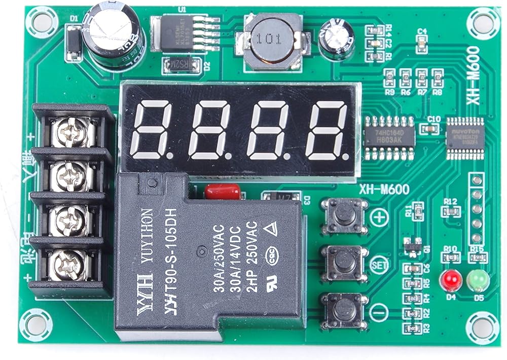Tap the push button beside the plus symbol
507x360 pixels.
(344, 215)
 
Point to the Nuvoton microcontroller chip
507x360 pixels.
(465, 135)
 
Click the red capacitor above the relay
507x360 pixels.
(222, 192)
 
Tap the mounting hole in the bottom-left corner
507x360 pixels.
(35, 325)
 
